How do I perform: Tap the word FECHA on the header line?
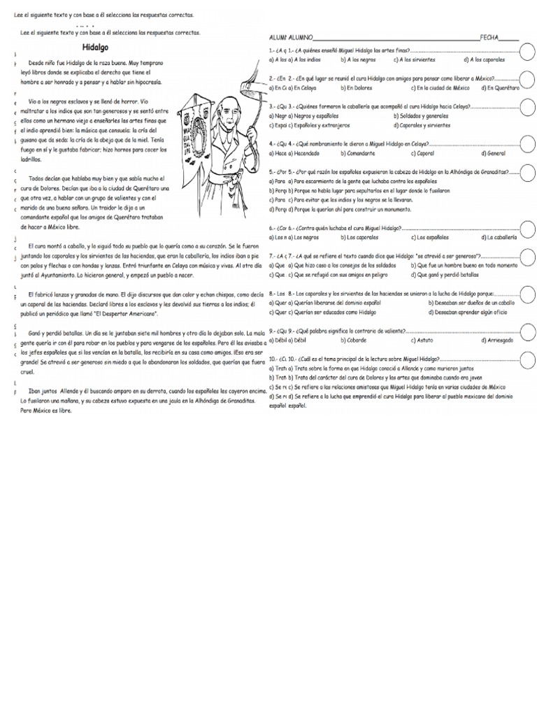[489, 37]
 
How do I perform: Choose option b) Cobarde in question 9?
[354, 340]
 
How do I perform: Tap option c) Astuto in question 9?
[421, 340]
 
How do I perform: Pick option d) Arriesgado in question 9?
[497, 340]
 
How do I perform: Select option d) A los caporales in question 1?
[483, 60]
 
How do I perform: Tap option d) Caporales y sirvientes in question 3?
[422, 125]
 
